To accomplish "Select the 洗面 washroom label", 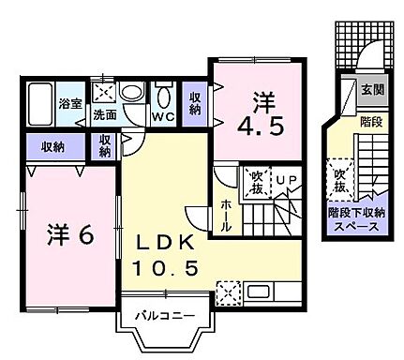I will click(102, 116).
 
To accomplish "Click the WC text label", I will click(164, 116).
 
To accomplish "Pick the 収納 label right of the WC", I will click(195, 102).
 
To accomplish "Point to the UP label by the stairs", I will click(287, 177).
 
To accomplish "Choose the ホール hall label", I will click(226, 214).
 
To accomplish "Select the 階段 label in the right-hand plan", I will click(371, 123).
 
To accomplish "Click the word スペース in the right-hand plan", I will click(356, 226).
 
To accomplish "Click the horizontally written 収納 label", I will click(52, 145).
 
